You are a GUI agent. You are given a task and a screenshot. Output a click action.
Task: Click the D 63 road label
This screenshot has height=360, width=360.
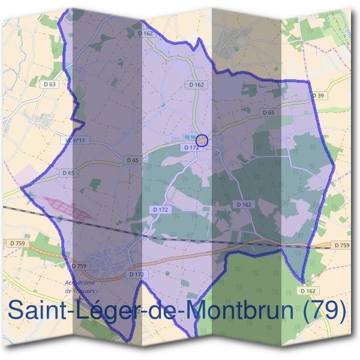click(x=50, y=84)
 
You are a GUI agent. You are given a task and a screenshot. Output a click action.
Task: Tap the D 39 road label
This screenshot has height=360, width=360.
click(x=318, y=95)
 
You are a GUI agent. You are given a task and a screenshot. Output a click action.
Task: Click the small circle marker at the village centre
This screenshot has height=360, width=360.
click(x=202, y=140)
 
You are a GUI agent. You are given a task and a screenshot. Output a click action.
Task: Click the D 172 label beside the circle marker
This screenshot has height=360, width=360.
click(x=191, y=147)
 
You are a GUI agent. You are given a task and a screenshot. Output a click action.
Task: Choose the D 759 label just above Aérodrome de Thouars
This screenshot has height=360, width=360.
click(x=79, y=265)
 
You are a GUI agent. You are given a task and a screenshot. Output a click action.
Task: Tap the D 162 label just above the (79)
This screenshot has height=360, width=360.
click(x=307, y=291)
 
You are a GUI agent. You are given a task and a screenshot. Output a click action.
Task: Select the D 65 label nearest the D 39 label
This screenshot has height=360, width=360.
click(x=268, y=112)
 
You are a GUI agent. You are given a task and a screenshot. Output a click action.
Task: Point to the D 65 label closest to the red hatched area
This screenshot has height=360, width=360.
click(x=68, y=173)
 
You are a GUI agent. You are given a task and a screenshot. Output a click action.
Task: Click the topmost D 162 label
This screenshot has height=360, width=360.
click(x=146, y=34)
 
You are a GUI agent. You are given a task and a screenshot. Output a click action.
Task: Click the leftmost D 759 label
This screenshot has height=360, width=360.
click(x=16, y=243)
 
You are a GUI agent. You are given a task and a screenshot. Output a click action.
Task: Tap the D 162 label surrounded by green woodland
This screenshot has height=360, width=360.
click(x=244, y=205)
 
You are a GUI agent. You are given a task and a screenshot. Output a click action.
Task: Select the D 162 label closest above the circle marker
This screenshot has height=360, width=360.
click(x=197, y=85)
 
